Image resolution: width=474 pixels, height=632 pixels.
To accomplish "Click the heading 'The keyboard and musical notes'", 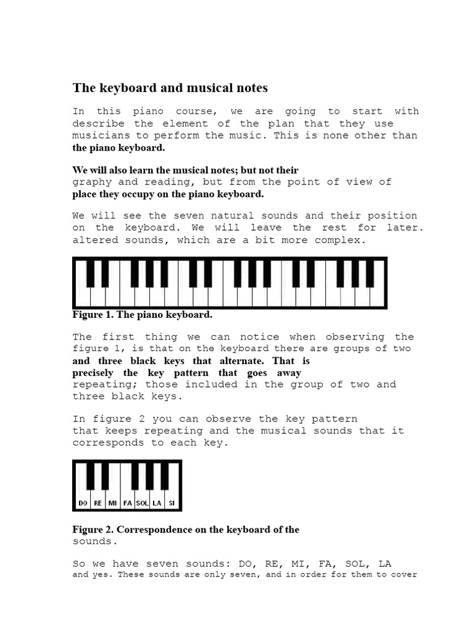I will point(170,88).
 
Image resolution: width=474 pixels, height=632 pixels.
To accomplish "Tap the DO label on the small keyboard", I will point(83,504).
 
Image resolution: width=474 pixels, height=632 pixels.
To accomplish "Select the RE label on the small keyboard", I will point(98,504).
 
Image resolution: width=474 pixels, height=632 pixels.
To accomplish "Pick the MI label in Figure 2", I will point(112,504).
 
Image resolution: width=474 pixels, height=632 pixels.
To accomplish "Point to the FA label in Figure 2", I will point(128,504).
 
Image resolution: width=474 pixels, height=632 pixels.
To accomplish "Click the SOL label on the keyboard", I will point(142,504).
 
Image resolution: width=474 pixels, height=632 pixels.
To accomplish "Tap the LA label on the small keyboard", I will point(157,504).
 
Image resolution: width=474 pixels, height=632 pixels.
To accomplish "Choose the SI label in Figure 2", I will point(172,504).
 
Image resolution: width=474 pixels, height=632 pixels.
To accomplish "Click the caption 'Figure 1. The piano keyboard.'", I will point(142,315).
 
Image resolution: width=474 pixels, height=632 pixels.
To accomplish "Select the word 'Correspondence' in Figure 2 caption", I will point(153,530).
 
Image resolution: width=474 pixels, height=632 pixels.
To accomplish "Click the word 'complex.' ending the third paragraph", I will point(342,240).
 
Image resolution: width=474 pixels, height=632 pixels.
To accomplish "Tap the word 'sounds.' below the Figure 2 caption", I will point(94,541).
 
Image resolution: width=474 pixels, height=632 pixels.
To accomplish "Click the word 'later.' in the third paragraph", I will point(406,228).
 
